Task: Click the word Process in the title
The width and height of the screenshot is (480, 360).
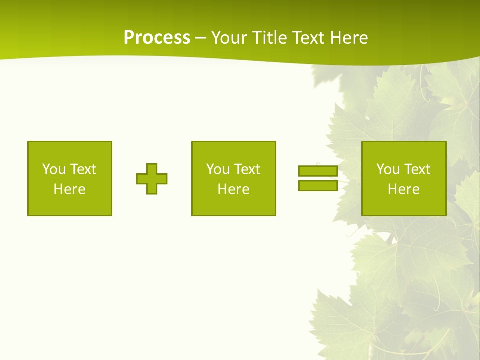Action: coord(157,38)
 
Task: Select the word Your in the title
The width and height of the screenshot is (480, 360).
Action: coord(229,38)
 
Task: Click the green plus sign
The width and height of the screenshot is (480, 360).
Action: coord(152,179)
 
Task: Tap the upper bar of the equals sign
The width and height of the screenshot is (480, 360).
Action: coord(318,171)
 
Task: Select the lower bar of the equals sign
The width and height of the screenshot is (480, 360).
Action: coord(318,186)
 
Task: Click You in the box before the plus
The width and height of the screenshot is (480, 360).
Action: coord(54,169)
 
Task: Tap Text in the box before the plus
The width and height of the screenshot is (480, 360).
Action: coord(83,169)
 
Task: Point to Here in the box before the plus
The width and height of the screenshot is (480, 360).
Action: coord(70,189)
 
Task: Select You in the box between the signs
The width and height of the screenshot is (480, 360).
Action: coord(218,169)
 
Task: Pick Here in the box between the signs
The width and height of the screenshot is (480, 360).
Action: coord(234,189)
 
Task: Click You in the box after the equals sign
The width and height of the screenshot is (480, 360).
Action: coord(388,169)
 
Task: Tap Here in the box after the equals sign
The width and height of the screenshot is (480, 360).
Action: coord(404,189)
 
